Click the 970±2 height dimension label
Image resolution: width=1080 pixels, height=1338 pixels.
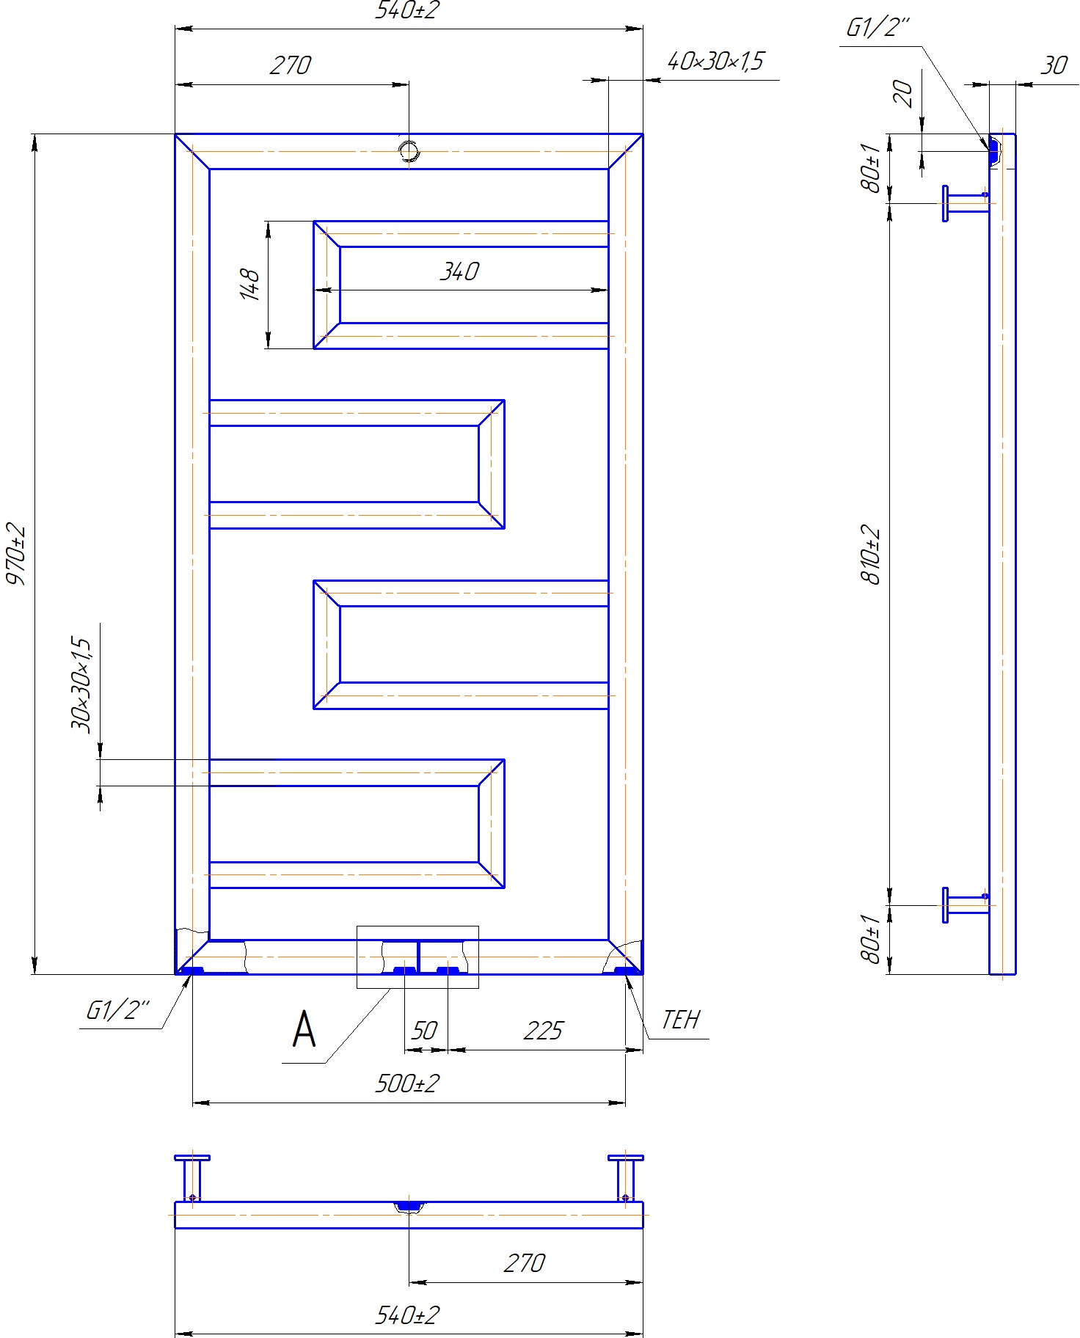(x=16, y=555)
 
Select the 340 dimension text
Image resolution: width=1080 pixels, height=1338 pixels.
(x=459, y=271)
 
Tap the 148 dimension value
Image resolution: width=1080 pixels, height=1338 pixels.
(x=250, y=285)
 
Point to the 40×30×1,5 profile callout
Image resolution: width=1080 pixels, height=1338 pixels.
(x=715, y=60)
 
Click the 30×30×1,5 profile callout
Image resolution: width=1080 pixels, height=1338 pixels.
(x=81, y=685)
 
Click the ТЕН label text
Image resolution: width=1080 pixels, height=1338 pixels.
(x=681, y=1020)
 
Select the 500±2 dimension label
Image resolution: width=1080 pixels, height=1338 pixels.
(x=407, y=1083)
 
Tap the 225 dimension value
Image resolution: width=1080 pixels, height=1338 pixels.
(x=543, y=1031)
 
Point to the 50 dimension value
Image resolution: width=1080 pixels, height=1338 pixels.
(x=424, y=1031)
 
